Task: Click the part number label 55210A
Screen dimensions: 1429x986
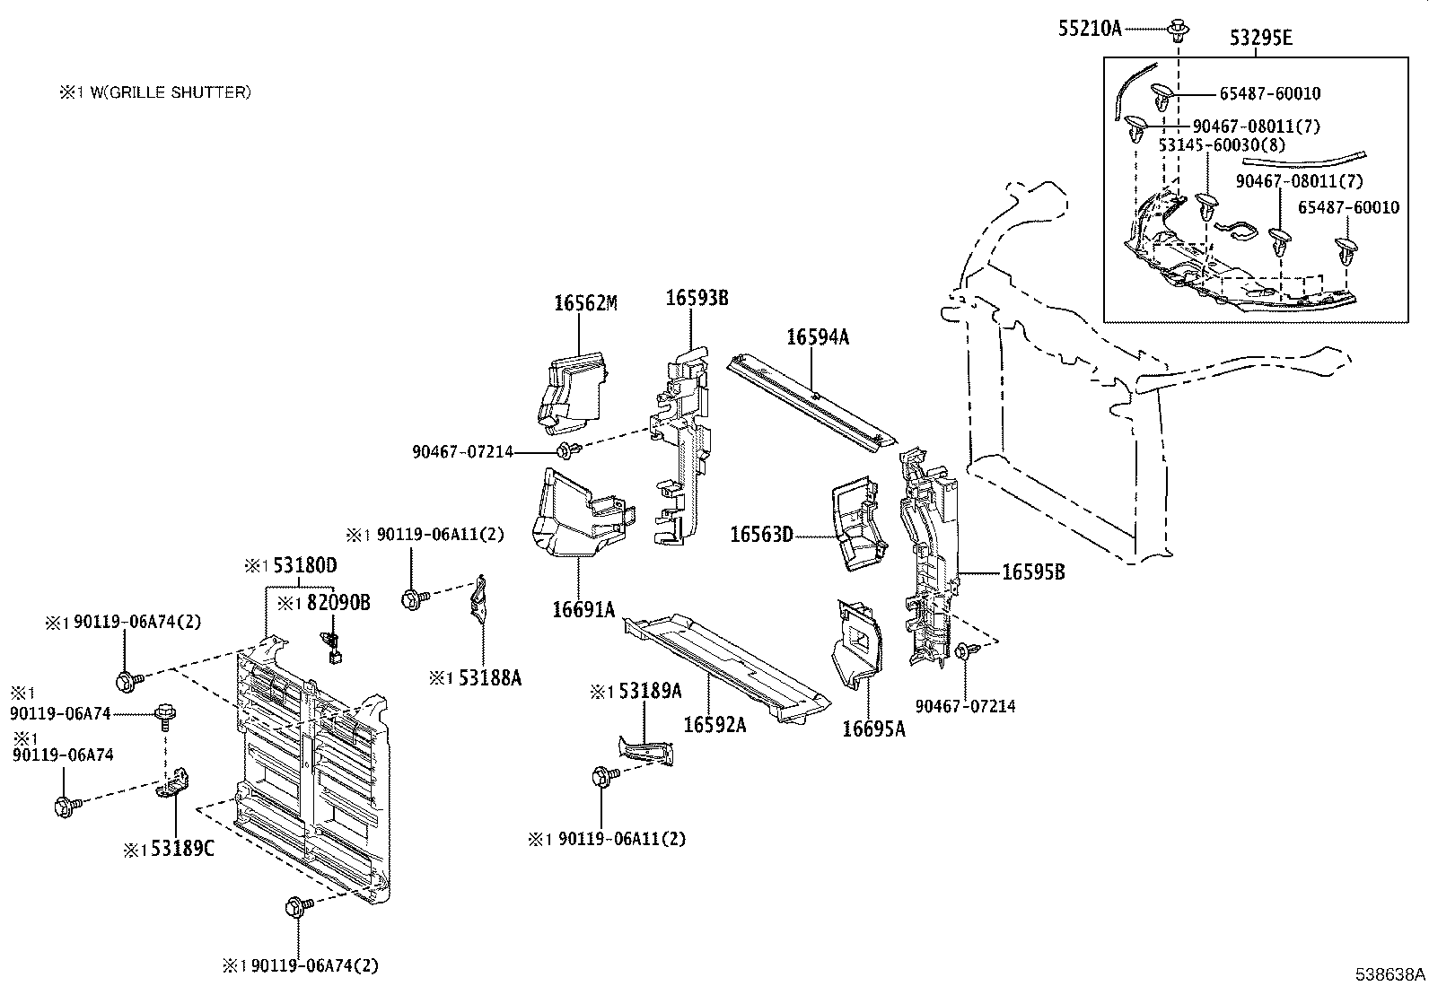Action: click(x=1090, y=28)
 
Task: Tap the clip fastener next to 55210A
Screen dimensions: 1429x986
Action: click(x=1178, y=30)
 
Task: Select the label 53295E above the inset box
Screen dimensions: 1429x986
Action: click(x=1260, y=39)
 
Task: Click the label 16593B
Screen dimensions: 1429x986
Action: click(x=697, y=298)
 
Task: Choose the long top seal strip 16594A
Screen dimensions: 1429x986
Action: click(x=811, y=405)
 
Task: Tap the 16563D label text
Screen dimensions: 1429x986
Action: click(x=761, y=535)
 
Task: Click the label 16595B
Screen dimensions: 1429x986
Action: click(x=1033, y=572)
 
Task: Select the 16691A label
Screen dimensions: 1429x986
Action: click(x=583, y=610)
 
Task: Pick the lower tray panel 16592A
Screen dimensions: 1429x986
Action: click(x=727, y=668)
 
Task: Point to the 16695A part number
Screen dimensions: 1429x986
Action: click(x=874, y=729)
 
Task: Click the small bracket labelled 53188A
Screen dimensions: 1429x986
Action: click(x=478, y=598)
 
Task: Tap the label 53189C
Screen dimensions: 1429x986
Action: click(x=182, y=848)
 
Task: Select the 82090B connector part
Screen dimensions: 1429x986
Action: click(x=331, y=645)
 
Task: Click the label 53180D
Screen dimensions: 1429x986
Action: click(x=305, y=565)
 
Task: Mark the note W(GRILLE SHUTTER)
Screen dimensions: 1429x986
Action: click(x=171, y=92)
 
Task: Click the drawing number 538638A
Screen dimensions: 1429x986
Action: click(x=1390, y=973)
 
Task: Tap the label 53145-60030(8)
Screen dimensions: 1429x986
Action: click(x=1222, y=144)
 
